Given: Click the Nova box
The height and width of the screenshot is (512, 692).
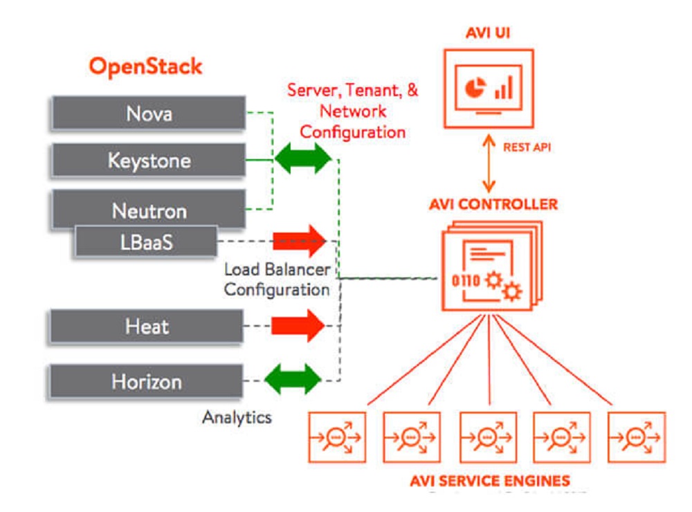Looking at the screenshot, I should click(147, 113).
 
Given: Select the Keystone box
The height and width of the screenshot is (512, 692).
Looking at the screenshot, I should click(147, 161).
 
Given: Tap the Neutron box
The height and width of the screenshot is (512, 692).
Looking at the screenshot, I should click(147, 208).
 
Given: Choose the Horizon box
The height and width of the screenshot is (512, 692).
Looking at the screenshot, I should click(146, 381).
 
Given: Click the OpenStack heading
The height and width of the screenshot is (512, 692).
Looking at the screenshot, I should click(145, 66).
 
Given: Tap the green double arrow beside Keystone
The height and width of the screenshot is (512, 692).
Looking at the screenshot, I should click(303, 158).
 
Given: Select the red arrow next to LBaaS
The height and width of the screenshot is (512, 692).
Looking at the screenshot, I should click(298, 241).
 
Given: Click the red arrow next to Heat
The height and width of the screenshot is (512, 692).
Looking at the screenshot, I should click(297, 325).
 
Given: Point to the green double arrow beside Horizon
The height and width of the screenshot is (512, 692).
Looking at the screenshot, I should click(293, 379).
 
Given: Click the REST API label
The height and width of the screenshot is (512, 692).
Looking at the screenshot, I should click(526, 147).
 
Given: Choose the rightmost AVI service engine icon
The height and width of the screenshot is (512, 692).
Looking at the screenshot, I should click(637, 437).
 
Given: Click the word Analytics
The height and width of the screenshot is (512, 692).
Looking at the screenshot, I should click(237, 417).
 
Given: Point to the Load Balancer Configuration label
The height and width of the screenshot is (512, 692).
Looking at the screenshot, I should click(277, 280).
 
